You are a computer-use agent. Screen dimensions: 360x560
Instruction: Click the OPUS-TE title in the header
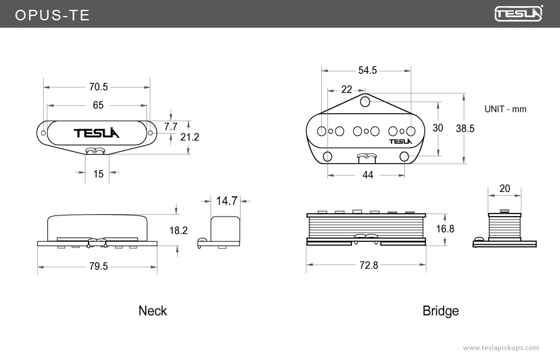[x=52, y=15]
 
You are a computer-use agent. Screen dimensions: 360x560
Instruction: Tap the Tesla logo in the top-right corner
[x=519, y=14]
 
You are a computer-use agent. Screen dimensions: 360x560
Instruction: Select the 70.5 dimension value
[x=98, y=87]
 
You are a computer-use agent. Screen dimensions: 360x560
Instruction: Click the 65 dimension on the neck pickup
[x=98, y=105]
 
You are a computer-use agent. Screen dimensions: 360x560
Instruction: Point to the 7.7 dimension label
[x=170, y=126]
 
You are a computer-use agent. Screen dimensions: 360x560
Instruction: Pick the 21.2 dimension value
[x=190, y=137]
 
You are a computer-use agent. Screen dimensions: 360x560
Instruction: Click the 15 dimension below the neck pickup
[x=98, y=174]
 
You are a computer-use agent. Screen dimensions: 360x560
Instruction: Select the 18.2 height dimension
[x=178, y=230]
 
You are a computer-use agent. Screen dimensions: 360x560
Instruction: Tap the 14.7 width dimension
[x=226, y=201]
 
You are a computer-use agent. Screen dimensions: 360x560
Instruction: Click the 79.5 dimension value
[x=98, y=266]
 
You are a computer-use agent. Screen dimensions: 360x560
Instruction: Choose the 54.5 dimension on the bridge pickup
[x=367, y=70]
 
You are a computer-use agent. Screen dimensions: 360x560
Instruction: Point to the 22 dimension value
[x=346, y=90]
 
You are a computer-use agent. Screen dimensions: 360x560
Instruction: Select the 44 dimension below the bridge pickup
[x=367, y=175]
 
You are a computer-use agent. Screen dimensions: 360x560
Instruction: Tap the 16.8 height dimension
[x=445, y=228]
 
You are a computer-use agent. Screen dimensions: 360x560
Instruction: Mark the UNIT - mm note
[x=505, y=109]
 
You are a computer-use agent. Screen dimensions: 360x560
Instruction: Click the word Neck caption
[x=153, y=311]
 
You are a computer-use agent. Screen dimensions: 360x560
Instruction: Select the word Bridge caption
[x=441, y=311]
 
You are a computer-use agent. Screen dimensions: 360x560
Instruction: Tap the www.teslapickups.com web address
[x=500, y=348]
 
